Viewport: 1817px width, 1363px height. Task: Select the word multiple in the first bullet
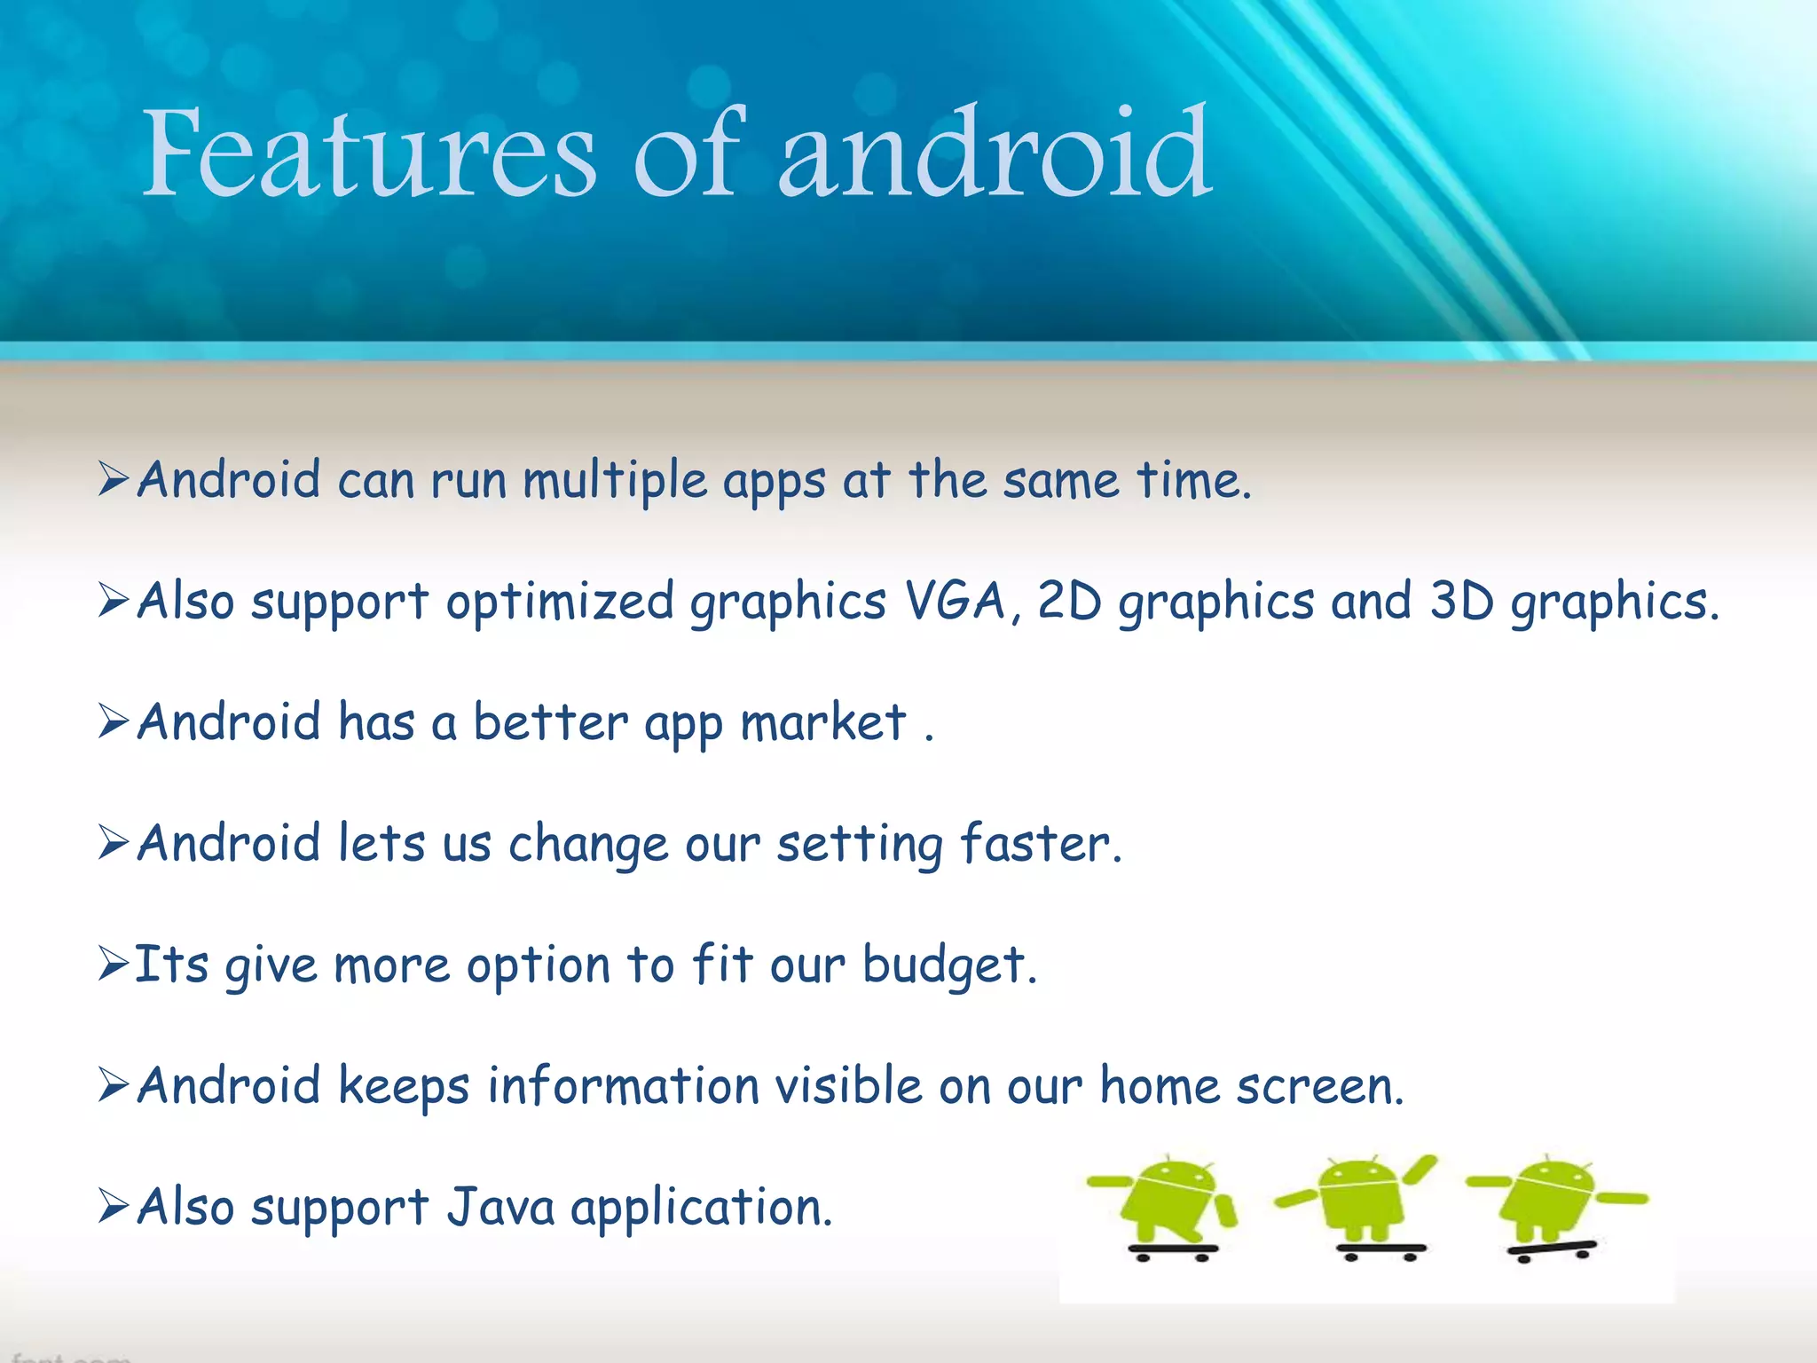click(x=614, y=482)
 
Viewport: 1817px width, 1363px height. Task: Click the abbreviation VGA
click(x=955, y=601)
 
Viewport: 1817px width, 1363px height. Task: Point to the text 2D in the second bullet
click(x=1068, y=601)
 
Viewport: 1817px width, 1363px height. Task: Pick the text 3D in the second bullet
click(x=1461, y=601)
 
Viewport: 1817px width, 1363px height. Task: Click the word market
click(x=822, y=722)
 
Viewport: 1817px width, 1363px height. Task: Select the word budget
click(x=948, y=965)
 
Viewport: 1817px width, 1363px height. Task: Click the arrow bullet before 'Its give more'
click(x=114, y=965)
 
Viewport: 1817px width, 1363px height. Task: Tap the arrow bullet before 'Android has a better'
click(x=114, y=721)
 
